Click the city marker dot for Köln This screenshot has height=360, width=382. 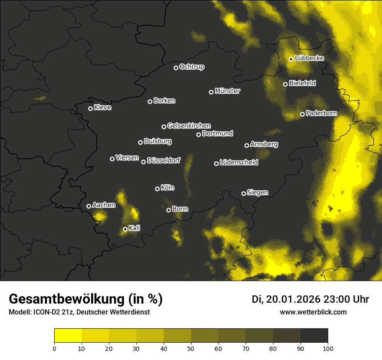tap(157, 189)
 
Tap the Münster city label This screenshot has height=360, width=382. tap(227, 91)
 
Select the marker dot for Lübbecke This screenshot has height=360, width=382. tap(291, 59)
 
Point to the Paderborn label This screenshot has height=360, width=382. tap(321, 113)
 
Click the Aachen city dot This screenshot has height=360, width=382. tap(89, 206)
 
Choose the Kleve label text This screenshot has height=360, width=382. tap(102, 108)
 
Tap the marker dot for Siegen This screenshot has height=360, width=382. tap(244, 193)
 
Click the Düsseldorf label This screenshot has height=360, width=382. tap(164, 160)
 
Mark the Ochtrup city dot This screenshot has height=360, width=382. tap(176, 68)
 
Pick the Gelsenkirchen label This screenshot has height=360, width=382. tap(189, 126)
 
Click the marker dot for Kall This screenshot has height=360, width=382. tap(125, 229)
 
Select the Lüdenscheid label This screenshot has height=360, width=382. tap(239, 162)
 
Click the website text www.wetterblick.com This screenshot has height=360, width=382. tap(313, 312)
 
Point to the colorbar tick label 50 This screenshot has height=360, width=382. tap(191, 348)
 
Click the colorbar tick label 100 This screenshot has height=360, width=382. tap(328, 348)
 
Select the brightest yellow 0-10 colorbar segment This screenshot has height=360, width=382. tap(68, 335)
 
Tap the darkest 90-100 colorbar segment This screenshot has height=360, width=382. tap(314, 335)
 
